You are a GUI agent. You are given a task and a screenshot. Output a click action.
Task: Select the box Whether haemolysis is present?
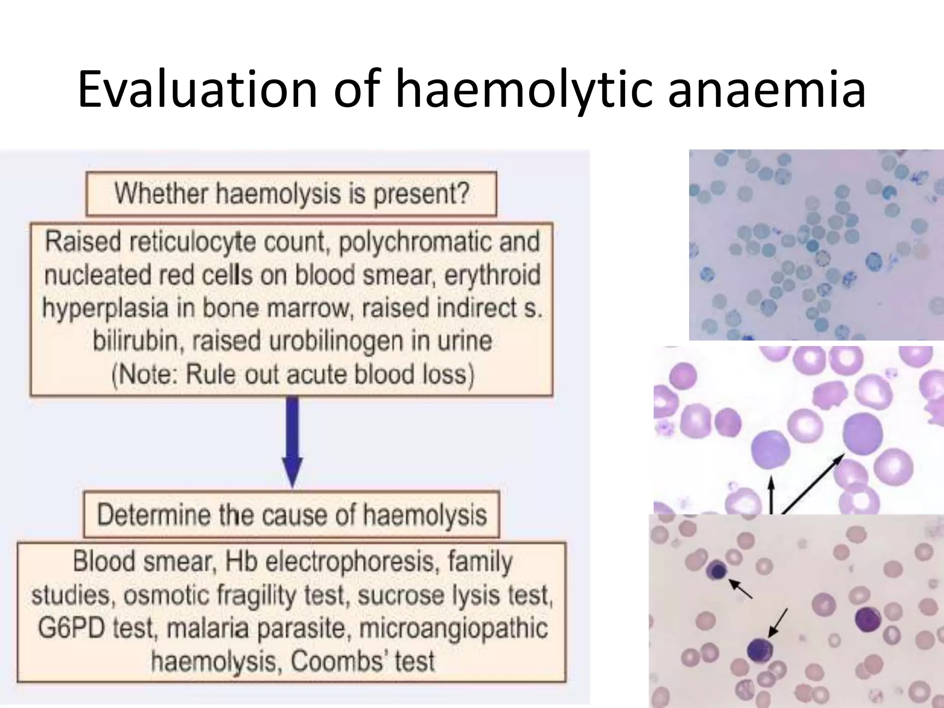point(291,194)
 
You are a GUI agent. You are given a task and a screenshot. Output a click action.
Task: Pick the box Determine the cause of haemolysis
point(292,515)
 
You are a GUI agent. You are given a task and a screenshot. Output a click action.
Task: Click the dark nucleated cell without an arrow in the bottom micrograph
point(868,619)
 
